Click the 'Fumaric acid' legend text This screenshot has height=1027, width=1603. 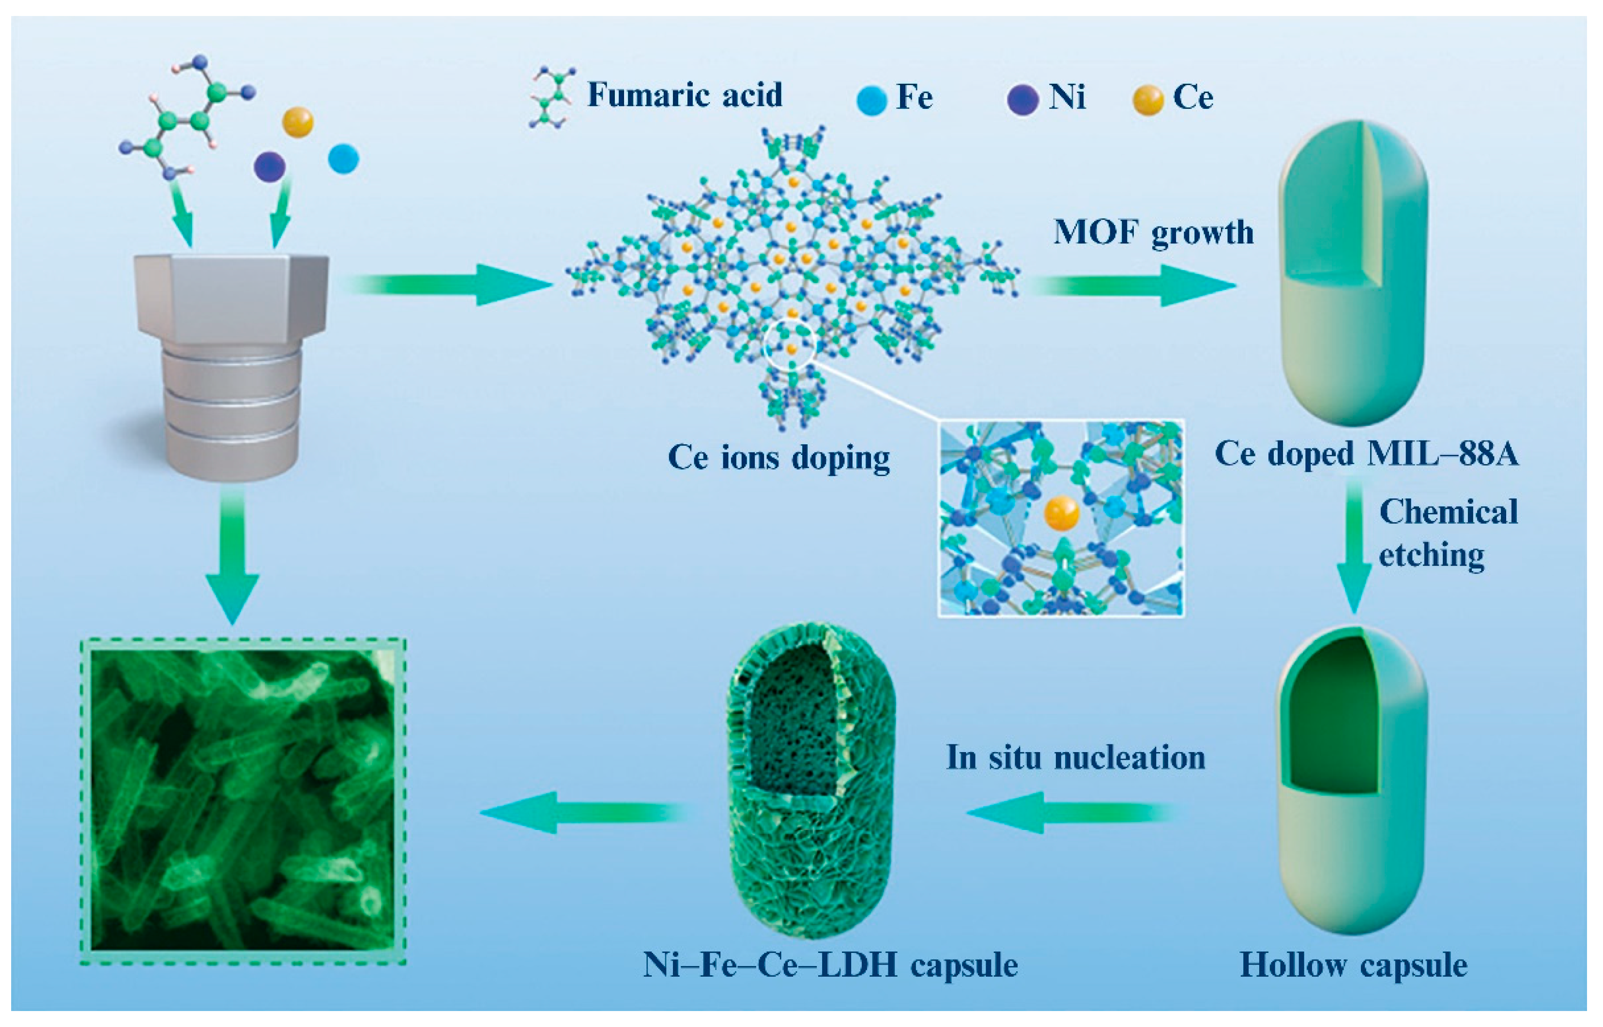pos(685,95)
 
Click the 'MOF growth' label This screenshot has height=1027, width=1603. pos(1153,233)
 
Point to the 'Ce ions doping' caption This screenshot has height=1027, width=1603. pos(779,458)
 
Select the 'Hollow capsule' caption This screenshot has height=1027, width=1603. pos(1354,965)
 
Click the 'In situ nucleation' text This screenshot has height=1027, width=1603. pos(1075,757)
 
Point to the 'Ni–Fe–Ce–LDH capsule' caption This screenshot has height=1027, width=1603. pos(830,965)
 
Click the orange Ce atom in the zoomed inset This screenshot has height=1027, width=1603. pos(1061,514)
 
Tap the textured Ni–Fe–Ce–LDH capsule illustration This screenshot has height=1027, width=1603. pos(810,780)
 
